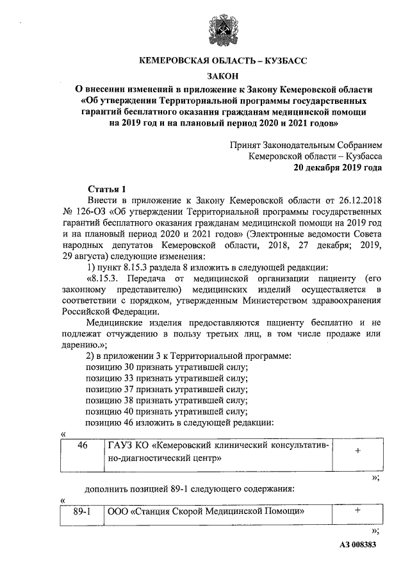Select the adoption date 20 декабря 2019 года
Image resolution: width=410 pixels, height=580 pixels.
(338, 168)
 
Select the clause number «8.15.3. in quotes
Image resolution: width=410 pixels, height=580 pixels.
(104, 279)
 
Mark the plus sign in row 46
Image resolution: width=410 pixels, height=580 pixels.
(357, 452)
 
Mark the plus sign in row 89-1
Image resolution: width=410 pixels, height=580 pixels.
(357, 511)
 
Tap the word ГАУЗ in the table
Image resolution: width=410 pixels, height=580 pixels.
(124, 446)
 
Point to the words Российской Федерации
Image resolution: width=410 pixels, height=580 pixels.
(115, 313)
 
